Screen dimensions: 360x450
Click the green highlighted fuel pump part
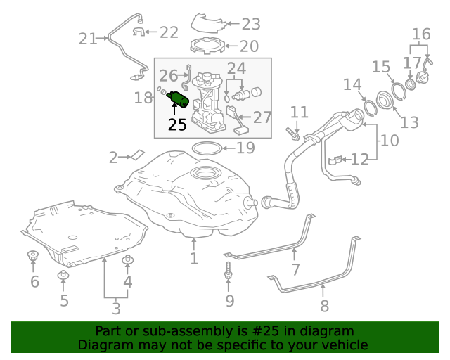pos(177,100)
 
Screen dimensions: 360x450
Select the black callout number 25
pos(177,125)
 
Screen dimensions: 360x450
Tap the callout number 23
pos(250,25)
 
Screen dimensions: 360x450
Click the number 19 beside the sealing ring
pos(244,148)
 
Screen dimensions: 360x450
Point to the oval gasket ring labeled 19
pos(204,148)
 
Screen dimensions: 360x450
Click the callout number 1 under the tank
pos(194,259)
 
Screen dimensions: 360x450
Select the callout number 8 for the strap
pos(324,305)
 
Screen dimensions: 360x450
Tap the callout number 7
pos(295,269)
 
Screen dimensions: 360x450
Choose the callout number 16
pos(420,34)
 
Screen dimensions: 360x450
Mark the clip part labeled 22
pos(139,32)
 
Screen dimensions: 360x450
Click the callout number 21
pos(88,39)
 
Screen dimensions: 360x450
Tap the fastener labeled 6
pos(32,257)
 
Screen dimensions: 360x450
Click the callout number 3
pos(116,307)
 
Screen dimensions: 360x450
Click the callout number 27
pos(262,117)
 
